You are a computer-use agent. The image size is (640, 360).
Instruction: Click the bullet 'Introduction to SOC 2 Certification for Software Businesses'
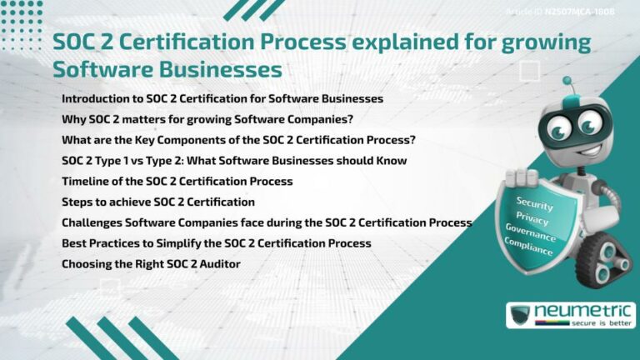click(222, 98)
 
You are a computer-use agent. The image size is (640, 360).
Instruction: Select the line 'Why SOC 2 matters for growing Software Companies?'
click(207, 118)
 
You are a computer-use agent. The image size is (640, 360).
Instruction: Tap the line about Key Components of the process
click(238, 139)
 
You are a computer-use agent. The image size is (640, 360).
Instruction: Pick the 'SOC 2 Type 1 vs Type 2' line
click(234, 160)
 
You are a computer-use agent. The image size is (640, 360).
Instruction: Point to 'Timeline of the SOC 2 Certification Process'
click(177, 181)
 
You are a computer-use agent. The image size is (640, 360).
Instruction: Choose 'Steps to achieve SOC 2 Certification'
click(158, 202)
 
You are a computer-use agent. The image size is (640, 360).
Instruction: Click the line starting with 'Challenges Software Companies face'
click(267, 222)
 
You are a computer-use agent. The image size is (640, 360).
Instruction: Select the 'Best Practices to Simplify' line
click(217, 243)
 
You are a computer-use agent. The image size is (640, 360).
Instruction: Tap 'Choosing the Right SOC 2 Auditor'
click(151, 264)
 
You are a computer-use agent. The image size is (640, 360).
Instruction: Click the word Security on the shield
click(534, 202)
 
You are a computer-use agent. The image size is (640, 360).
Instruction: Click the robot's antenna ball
click(567, 81)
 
